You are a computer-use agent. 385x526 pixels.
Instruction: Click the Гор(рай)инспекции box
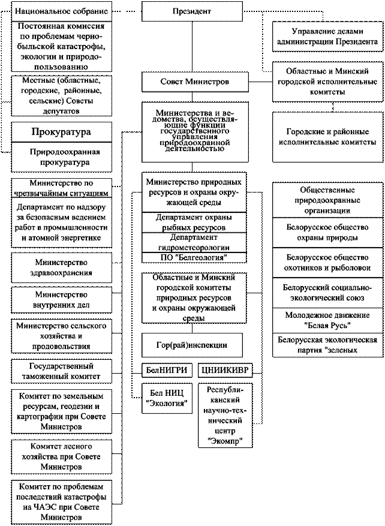click(192, 345)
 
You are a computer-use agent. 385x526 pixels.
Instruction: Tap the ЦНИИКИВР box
click(225, 370)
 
